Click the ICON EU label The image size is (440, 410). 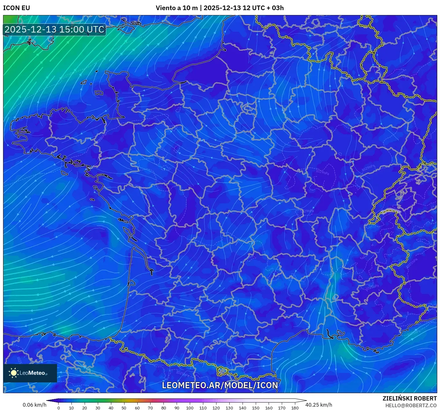[17, 8]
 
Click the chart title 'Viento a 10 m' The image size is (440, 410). [177, 8]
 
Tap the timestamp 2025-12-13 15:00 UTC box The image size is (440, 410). [55, 30]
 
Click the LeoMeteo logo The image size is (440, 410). [30, 373]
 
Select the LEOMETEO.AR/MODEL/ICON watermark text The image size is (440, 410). [220, 385]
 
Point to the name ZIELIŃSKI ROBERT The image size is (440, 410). [410, 398]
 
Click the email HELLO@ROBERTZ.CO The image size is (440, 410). [411, 405]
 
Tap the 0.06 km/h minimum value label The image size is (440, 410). [34, 405]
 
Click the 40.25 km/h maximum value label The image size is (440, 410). [319, 405]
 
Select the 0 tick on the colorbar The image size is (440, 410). [59, 408]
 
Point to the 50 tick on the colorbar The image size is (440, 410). [124, 408]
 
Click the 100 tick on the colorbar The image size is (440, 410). [190, 408]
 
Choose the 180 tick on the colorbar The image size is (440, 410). [295, 408]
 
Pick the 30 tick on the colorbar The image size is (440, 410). [98, 408]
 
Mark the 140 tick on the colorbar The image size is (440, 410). [242, 408]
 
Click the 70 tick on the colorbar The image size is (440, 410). [150, 408]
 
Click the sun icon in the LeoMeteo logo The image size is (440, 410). [14, 373]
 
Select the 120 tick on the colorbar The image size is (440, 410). [216, 408]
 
